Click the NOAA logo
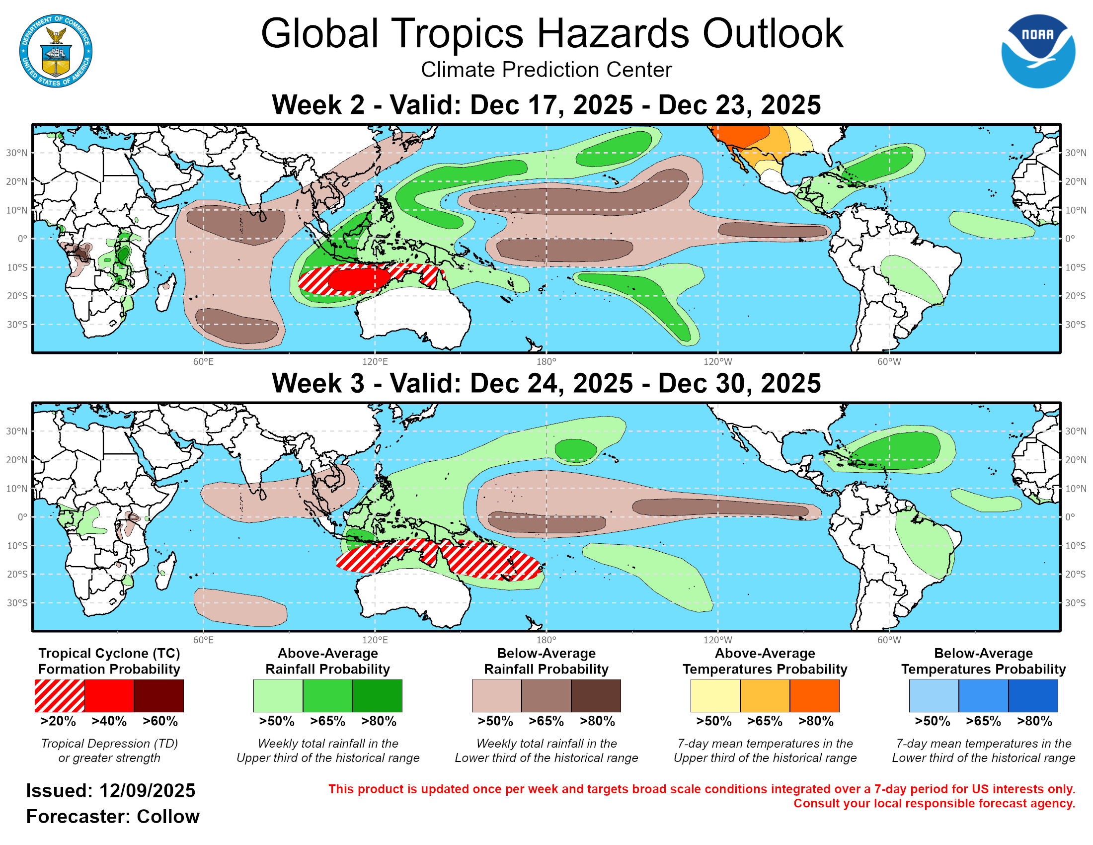click(x=1037, y=51)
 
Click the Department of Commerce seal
click(x=56, y=51)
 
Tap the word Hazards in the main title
click(x=613, y=34)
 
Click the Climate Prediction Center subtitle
click(x=546, y=70)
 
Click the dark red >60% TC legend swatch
click(x=158, y=695)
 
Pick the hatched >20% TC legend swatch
click(x=60, y=695)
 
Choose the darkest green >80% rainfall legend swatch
click(x=378, y=695)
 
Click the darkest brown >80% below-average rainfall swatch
click(x=596, y=695)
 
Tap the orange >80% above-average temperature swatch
click(x=814, y=695)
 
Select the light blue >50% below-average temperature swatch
click(x=934, y=695)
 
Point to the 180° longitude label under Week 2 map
click(x=546, y=361)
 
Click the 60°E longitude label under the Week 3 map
click(x=203, y=640)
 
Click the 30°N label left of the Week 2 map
click(x=16, y=153)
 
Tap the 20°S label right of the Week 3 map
click(x=1076, y=574)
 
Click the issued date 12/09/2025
click(x=147, y=791)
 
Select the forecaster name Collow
click(x=167, y=817)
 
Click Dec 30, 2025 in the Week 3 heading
click(x=739, y=383)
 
